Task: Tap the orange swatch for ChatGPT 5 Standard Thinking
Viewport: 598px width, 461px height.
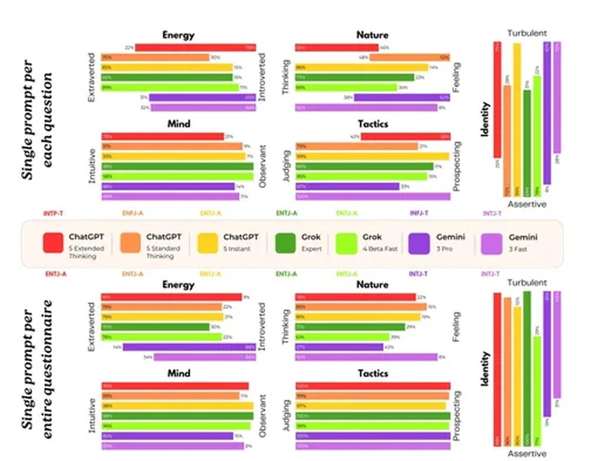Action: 130,243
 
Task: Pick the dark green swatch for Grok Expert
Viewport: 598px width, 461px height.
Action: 286,243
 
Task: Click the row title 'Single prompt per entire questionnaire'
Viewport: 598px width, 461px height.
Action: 38,370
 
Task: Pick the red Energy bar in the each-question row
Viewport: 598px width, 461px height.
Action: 195,48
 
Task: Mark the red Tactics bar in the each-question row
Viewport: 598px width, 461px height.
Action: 405,137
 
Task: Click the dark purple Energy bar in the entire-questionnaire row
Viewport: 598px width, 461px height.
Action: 189,347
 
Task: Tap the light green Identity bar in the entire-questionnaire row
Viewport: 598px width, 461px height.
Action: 537,391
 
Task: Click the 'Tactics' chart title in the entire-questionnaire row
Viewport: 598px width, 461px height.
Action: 373,372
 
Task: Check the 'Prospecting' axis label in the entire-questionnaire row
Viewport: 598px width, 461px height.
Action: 457,415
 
